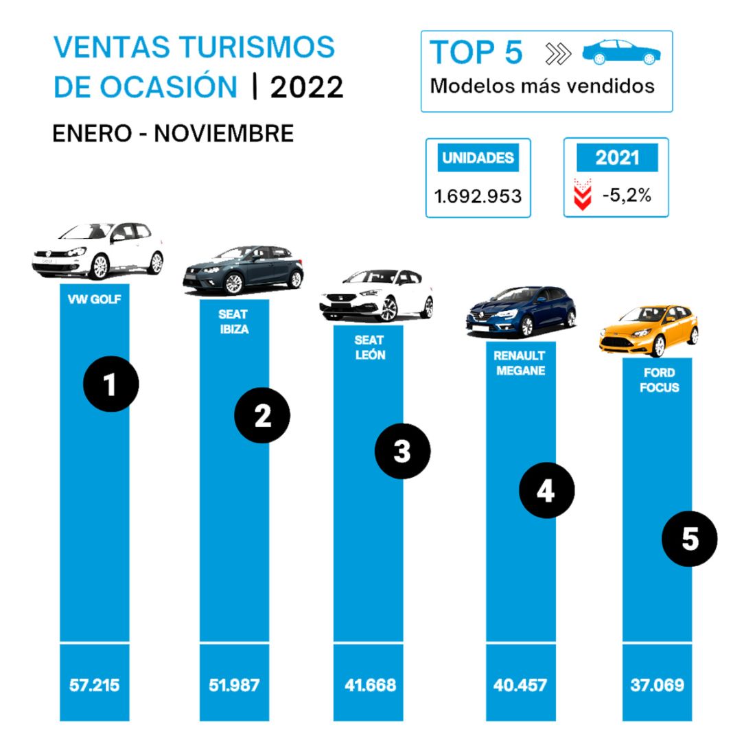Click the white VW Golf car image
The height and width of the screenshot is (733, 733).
(98, 251)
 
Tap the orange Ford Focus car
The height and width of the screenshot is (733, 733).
(648, 331)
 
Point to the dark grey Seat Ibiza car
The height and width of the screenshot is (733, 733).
(242, 270)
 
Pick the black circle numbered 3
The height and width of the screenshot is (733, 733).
(402, 451)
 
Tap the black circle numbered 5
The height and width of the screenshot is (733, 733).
(689, 539)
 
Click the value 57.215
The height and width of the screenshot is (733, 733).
(95, 684)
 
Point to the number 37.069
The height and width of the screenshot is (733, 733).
(657, 684)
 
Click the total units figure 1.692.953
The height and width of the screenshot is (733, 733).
(478, 196)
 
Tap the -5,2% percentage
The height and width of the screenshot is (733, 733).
(626, 195)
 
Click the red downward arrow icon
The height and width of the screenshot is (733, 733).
(582, 195)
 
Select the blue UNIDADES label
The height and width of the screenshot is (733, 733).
(478, 158)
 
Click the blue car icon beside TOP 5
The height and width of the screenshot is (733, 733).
(620, 52)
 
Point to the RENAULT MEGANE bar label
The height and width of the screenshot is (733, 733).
(520, 363)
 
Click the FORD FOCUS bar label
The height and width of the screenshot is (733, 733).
(657, 380)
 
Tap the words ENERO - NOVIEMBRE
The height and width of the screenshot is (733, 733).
(173, 133)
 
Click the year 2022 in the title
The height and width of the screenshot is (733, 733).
(307, 87)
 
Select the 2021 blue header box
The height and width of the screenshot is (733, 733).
(616, 158)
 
